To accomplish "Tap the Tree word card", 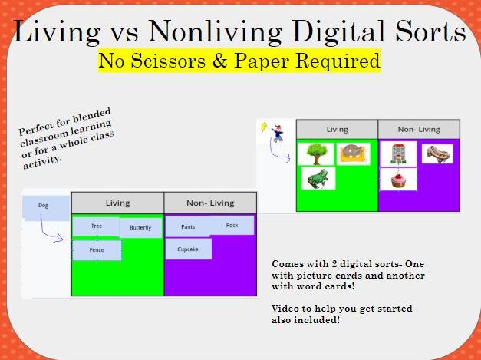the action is [96, 226].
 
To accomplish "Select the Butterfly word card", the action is [140, 228].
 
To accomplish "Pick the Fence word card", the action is [97, 250].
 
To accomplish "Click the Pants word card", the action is [188, 226].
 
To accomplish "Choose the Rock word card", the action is [232, 225].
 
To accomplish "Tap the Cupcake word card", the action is [189, 249].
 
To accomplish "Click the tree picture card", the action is [316, 154].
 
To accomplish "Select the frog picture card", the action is [318, 178].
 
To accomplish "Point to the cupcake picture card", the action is [398, 180].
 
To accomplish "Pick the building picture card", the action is [398, 154].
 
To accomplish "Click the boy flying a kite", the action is [274, 132].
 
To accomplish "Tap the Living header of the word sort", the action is [118, 203].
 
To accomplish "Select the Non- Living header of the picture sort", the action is [419, 129].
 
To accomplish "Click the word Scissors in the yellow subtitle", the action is [168, 61].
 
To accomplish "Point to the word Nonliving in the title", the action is [215, 32].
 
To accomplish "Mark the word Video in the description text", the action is [285, 308].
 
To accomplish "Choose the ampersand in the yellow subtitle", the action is [220, 61].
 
